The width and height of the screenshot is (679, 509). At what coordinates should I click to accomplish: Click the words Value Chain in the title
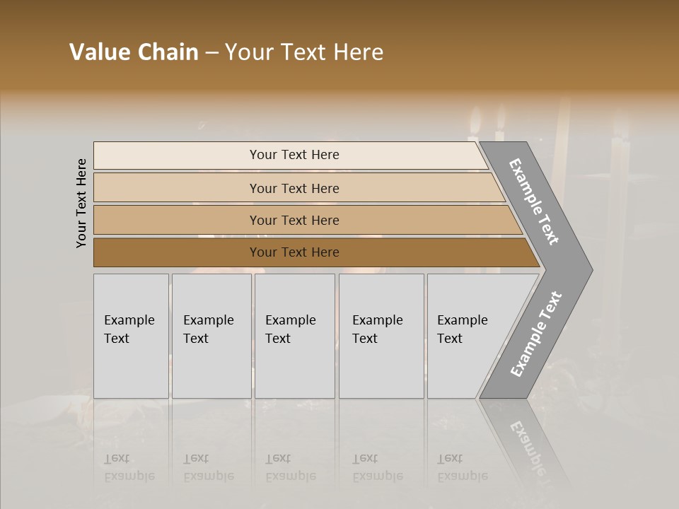[134, 52]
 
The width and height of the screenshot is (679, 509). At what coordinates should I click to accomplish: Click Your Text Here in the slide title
[304, 52]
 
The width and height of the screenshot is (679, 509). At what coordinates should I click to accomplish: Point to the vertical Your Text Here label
[81, 203]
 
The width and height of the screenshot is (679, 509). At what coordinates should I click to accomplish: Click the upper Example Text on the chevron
[535, 201]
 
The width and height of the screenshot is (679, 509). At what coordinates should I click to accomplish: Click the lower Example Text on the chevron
[535, 334]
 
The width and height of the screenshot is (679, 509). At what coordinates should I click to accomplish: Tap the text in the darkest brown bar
[294, 252]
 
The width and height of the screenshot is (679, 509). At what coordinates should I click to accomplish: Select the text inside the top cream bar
[294, 155]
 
